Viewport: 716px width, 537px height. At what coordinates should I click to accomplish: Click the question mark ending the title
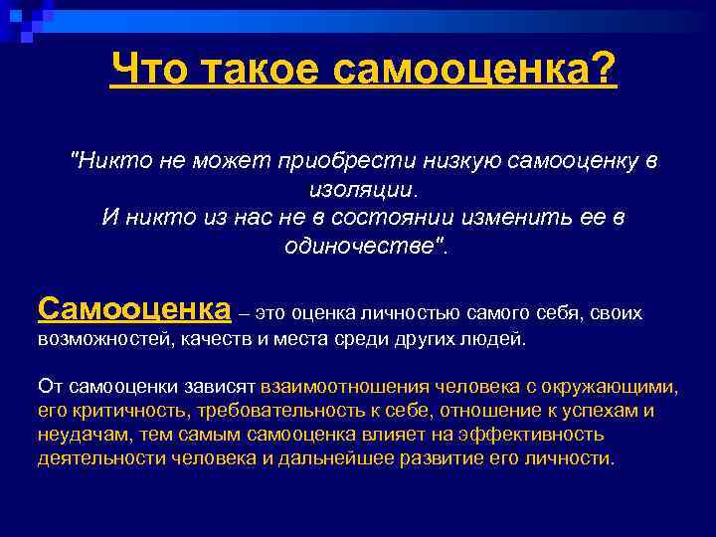click(x=603, y=70)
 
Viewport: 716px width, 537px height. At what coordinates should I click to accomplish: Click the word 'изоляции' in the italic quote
click(x=360, y=189)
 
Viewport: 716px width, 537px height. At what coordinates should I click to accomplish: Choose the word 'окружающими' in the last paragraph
click(x=616, y=387)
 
